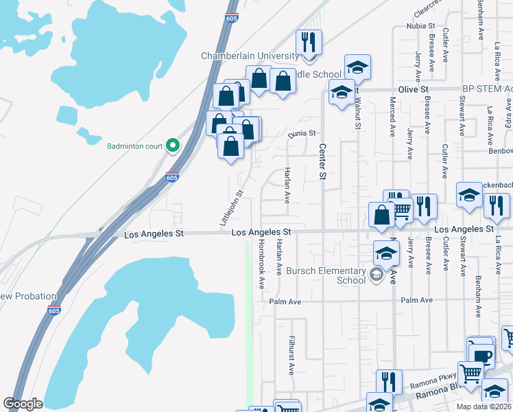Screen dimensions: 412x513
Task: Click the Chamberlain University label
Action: pyautogui.click(x=249, y=56)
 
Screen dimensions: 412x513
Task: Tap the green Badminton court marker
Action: pyautogui.click(x=173, y=145)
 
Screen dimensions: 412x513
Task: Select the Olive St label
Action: pyautogui.click(x=414, y=90)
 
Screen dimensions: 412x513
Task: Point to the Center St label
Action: pyautogui.click(x=322, y=161)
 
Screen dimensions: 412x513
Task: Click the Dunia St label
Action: pyautogui.click(x=301, y=133)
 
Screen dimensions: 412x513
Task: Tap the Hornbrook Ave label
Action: pyautogui.click(x=261, y=264)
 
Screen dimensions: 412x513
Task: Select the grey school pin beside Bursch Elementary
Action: pyautogui.click(x=376, y=275)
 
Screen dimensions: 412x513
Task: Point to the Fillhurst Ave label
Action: pyautogui.click(x=291, y=354)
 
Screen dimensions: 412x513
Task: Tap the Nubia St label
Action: pyautogui.click(x=416, y=26)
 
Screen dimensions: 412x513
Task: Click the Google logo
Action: pyautogui.click(x=23, y=403)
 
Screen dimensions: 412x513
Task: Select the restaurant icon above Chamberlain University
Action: pyautogui.click(x=309, y=42)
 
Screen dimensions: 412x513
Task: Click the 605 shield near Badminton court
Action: pyautogui.click(x=171, y=178)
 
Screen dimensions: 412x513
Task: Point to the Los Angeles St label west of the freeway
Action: pyautogui.click(x=154, y=234)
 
